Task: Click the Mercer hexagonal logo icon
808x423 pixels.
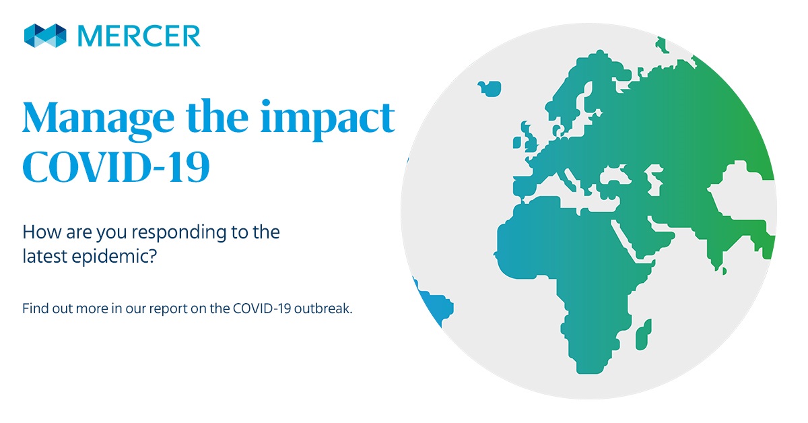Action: [x=45, y=36]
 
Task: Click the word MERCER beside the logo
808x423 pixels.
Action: [x=139, y=36]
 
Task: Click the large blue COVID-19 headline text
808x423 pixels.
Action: [x=116, y=167]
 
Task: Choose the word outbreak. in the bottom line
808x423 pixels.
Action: [x=323, y=308]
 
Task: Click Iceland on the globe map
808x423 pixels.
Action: [x=490, y=88]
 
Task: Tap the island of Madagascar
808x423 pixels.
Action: [x=644, y=335]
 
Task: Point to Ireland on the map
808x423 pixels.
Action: [x=516, y=143]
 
